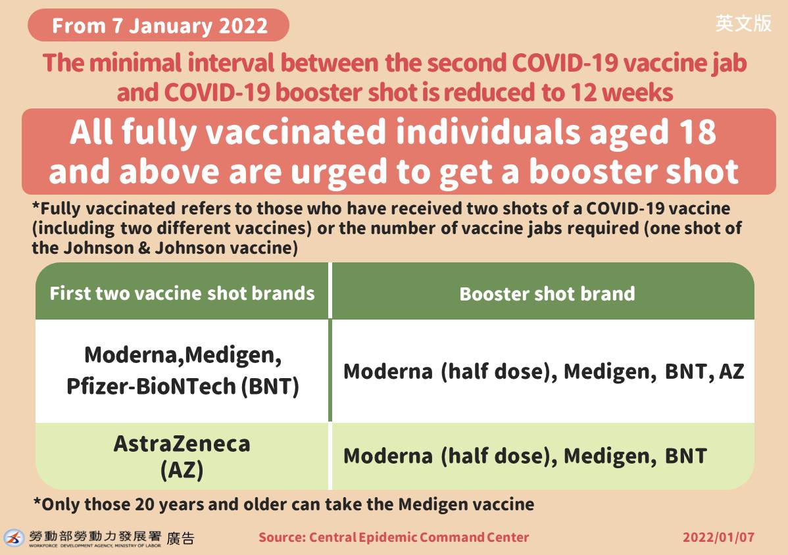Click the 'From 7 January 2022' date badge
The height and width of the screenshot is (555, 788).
pyautogui.click(x=159, y=25)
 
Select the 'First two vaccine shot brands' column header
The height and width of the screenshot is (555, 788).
pyautogui.click(x=182, y=293)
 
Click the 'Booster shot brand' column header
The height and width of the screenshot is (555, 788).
pyautogui.click(x=547, y=294)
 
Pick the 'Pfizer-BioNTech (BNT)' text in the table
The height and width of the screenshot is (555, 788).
pyautogui.click(x=183, y=386)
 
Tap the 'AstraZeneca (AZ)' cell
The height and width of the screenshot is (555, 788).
pyautogui.click(x=182, y=456)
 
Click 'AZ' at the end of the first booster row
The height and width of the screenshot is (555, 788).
pyautogui.click(x=731, y=372)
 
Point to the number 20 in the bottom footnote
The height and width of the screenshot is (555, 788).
pyautogui.click(x=145, y=504)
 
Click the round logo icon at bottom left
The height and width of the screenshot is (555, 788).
pyautogui.click(x=14, y=538)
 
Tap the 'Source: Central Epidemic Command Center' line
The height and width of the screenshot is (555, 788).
pyautogui.click(x=393, y=537)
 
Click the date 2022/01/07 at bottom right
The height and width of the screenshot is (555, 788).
pyautogui.click(x=719, y=537)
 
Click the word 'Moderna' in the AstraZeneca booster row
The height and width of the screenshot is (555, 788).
pyautogui.click(x=388, y=456)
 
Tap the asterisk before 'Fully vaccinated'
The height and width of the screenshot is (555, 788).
pyautogui.click(x=36, y=206)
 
